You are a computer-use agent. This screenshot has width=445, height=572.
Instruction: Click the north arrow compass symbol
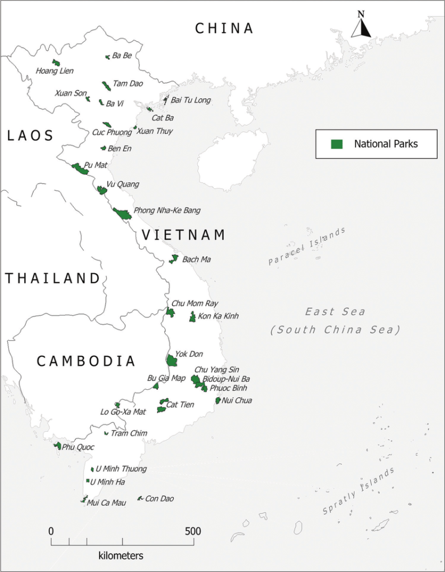coord(361,25)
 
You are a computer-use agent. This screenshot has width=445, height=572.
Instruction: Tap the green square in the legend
coord(337,144)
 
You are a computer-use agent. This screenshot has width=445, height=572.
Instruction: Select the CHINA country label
coord(224,28)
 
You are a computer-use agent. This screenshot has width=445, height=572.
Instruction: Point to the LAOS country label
coord(31,136)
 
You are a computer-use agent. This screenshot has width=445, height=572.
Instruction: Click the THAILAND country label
coord(53,278)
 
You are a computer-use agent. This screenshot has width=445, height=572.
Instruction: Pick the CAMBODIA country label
coord(86,361)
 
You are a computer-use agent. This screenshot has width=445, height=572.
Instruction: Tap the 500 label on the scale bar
coord(193,531)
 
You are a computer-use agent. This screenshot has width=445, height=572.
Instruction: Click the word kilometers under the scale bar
coord(121,556)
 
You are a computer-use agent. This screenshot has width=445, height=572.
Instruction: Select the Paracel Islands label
coord(307,246)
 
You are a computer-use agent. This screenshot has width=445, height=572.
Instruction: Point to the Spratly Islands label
coord(359,492)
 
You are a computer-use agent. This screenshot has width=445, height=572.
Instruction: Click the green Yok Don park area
coord(172,360)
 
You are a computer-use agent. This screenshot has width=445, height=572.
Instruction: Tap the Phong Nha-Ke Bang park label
coord(167,211)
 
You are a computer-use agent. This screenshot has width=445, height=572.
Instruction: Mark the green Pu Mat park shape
coord(79,168)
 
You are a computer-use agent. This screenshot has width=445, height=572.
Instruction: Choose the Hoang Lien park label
coord(54,71)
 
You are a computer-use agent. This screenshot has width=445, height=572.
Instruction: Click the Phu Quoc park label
coord(78,447)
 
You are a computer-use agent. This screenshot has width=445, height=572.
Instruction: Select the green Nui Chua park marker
coord(218,401)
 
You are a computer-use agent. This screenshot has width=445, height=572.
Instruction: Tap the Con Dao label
coord(159,498)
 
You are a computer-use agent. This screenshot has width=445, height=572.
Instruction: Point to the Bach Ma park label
coord(196,260)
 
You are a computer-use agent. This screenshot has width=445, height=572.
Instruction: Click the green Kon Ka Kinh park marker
coord(193,317)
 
